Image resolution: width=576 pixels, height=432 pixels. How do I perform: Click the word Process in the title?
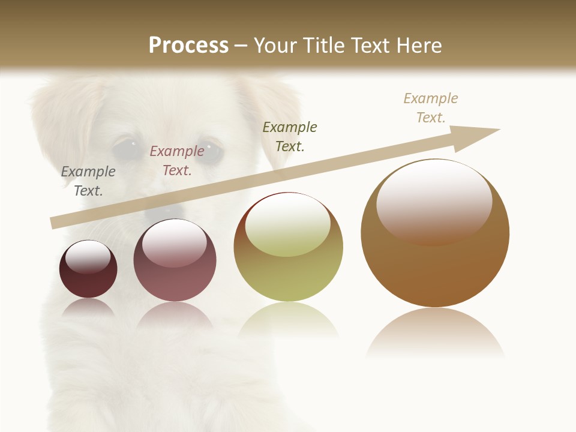(x=188, y=46)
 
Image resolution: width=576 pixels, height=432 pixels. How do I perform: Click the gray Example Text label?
(x=88, y=181)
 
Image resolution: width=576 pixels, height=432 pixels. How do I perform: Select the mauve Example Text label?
(x=177, y=161)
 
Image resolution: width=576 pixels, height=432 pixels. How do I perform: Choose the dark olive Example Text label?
(x=290, y=136)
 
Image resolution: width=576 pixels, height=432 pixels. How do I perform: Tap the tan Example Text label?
(x=431, y=108)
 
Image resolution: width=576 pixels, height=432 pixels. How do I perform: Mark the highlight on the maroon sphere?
(x=88, y=257)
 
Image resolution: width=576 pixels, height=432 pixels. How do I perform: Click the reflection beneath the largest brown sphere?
(x=435, y=333)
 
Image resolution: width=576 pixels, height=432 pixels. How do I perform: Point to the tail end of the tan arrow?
(x=54, y=223)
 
